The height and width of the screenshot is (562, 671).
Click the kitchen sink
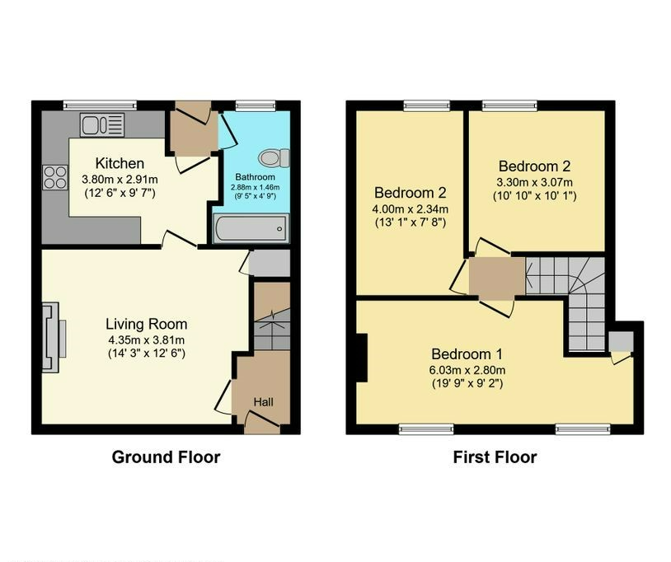click(x=102, y=124)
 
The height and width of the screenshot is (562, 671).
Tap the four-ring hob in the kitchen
click(x=55, y=177)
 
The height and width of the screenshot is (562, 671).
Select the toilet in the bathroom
click(x=274, y=158)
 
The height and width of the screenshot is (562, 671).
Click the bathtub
click(x=251, y=229)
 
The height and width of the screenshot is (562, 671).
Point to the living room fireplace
click(x=54, y=338)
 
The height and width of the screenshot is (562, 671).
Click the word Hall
click(x=263, y=402)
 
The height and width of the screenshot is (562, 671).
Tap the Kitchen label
click(x=120, y=163)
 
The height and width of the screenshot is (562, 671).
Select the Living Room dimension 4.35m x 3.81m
click(x=147, y=340)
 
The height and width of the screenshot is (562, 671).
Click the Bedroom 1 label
click(x=467, y=354)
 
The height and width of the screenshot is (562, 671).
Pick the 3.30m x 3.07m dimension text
click(x=534, y=183)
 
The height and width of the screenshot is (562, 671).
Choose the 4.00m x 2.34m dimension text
click(x=411, y=209)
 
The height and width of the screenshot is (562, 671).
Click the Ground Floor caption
click(x=166, y=457)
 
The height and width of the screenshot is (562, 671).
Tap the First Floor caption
click(x=495, y=457)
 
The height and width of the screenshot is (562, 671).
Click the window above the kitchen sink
click(x=100, y=105)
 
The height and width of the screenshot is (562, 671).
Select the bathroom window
click(x=256, y=105)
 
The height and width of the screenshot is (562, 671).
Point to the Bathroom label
click(x=255, y=177)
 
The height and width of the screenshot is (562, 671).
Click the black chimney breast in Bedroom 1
click(x=362, y=358)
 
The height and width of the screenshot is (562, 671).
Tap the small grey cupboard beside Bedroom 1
click(x=621, y=341)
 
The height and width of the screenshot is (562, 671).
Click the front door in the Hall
click(x=262, y=420)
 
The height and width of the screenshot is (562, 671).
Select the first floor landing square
click(x=497, y=276)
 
